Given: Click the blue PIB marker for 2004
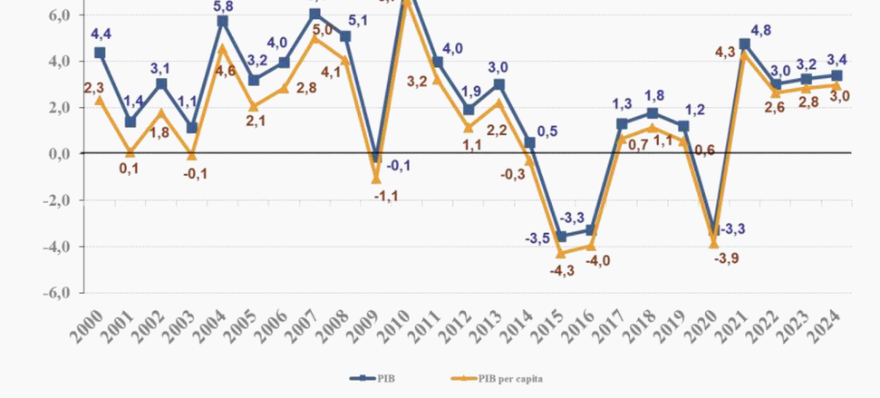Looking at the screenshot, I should pos(223,21).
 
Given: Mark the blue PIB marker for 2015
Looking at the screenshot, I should pos(562,236).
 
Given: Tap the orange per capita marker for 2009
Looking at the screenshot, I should pos(377,179).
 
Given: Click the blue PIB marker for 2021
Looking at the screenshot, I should pos(745,44).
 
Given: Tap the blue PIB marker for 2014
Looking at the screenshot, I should pos(531,142).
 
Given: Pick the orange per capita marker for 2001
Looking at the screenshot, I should pos(131,152).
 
